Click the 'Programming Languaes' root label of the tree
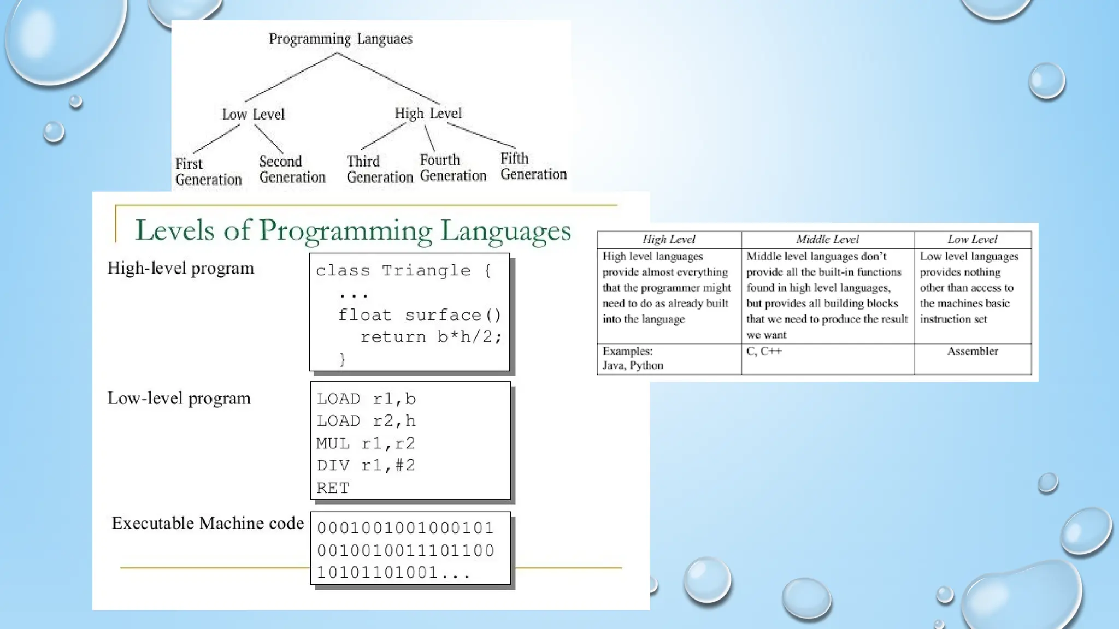340,39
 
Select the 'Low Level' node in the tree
253,115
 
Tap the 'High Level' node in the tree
428,114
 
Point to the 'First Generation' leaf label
208,171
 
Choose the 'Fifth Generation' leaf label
533,167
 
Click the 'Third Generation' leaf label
379,169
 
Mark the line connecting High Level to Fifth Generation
481,136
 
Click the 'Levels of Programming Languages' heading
352,230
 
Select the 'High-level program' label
180,268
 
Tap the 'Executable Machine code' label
208,523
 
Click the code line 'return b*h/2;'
431,337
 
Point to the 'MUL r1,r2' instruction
366,443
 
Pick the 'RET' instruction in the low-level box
332,488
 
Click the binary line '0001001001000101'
405,528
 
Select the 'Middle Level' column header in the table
827,239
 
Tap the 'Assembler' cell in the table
972,352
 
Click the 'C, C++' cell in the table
764,352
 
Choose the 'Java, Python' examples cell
633,365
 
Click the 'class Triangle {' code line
403,270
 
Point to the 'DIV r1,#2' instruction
366,466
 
